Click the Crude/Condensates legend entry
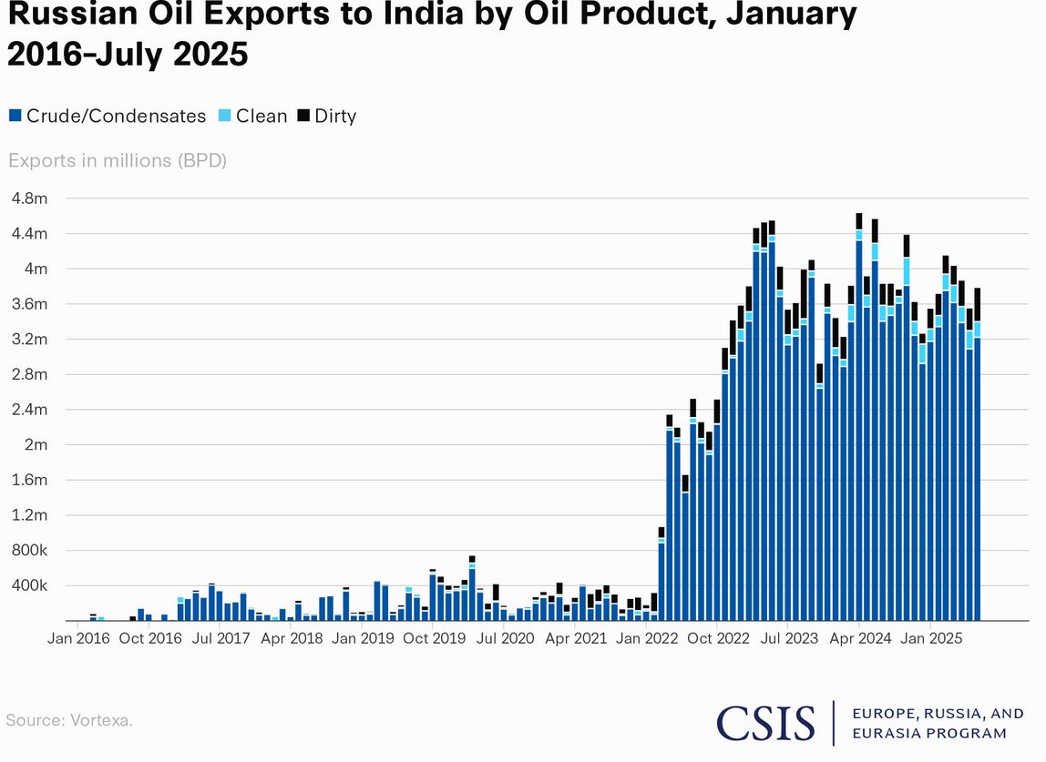click(x=108, y=116)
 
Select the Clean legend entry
click(x=252, y=116)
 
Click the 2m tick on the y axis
click(x=35, y=445)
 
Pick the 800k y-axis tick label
click(x=28, y=551)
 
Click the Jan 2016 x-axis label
click(x=78, y=638)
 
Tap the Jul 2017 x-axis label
click(x=221, y=638)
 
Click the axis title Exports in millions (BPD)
click(x=118, y=161)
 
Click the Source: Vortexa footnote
click(x=69, y=720)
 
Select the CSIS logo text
click(x=765, y=723)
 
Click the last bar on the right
click(x=978, y=473)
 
